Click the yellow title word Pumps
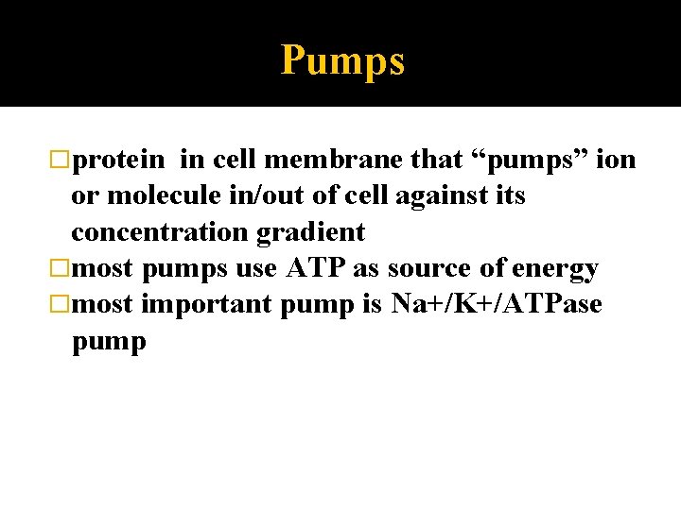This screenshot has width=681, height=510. (342, 61)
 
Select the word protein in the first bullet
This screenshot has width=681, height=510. (120, 161)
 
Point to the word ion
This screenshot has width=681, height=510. (618, 161)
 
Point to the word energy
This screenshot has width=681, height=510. (554, 269)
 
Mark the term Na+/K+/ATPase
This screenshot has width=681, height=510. (497, 305)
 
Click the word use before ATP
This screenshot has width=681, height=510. (255, 269)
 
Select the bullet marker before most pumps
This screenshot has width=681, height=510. (62, 269)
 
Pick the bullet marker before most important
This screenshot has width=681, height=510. (62, 305)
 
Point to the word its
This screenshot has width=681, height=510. (507, 196)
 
